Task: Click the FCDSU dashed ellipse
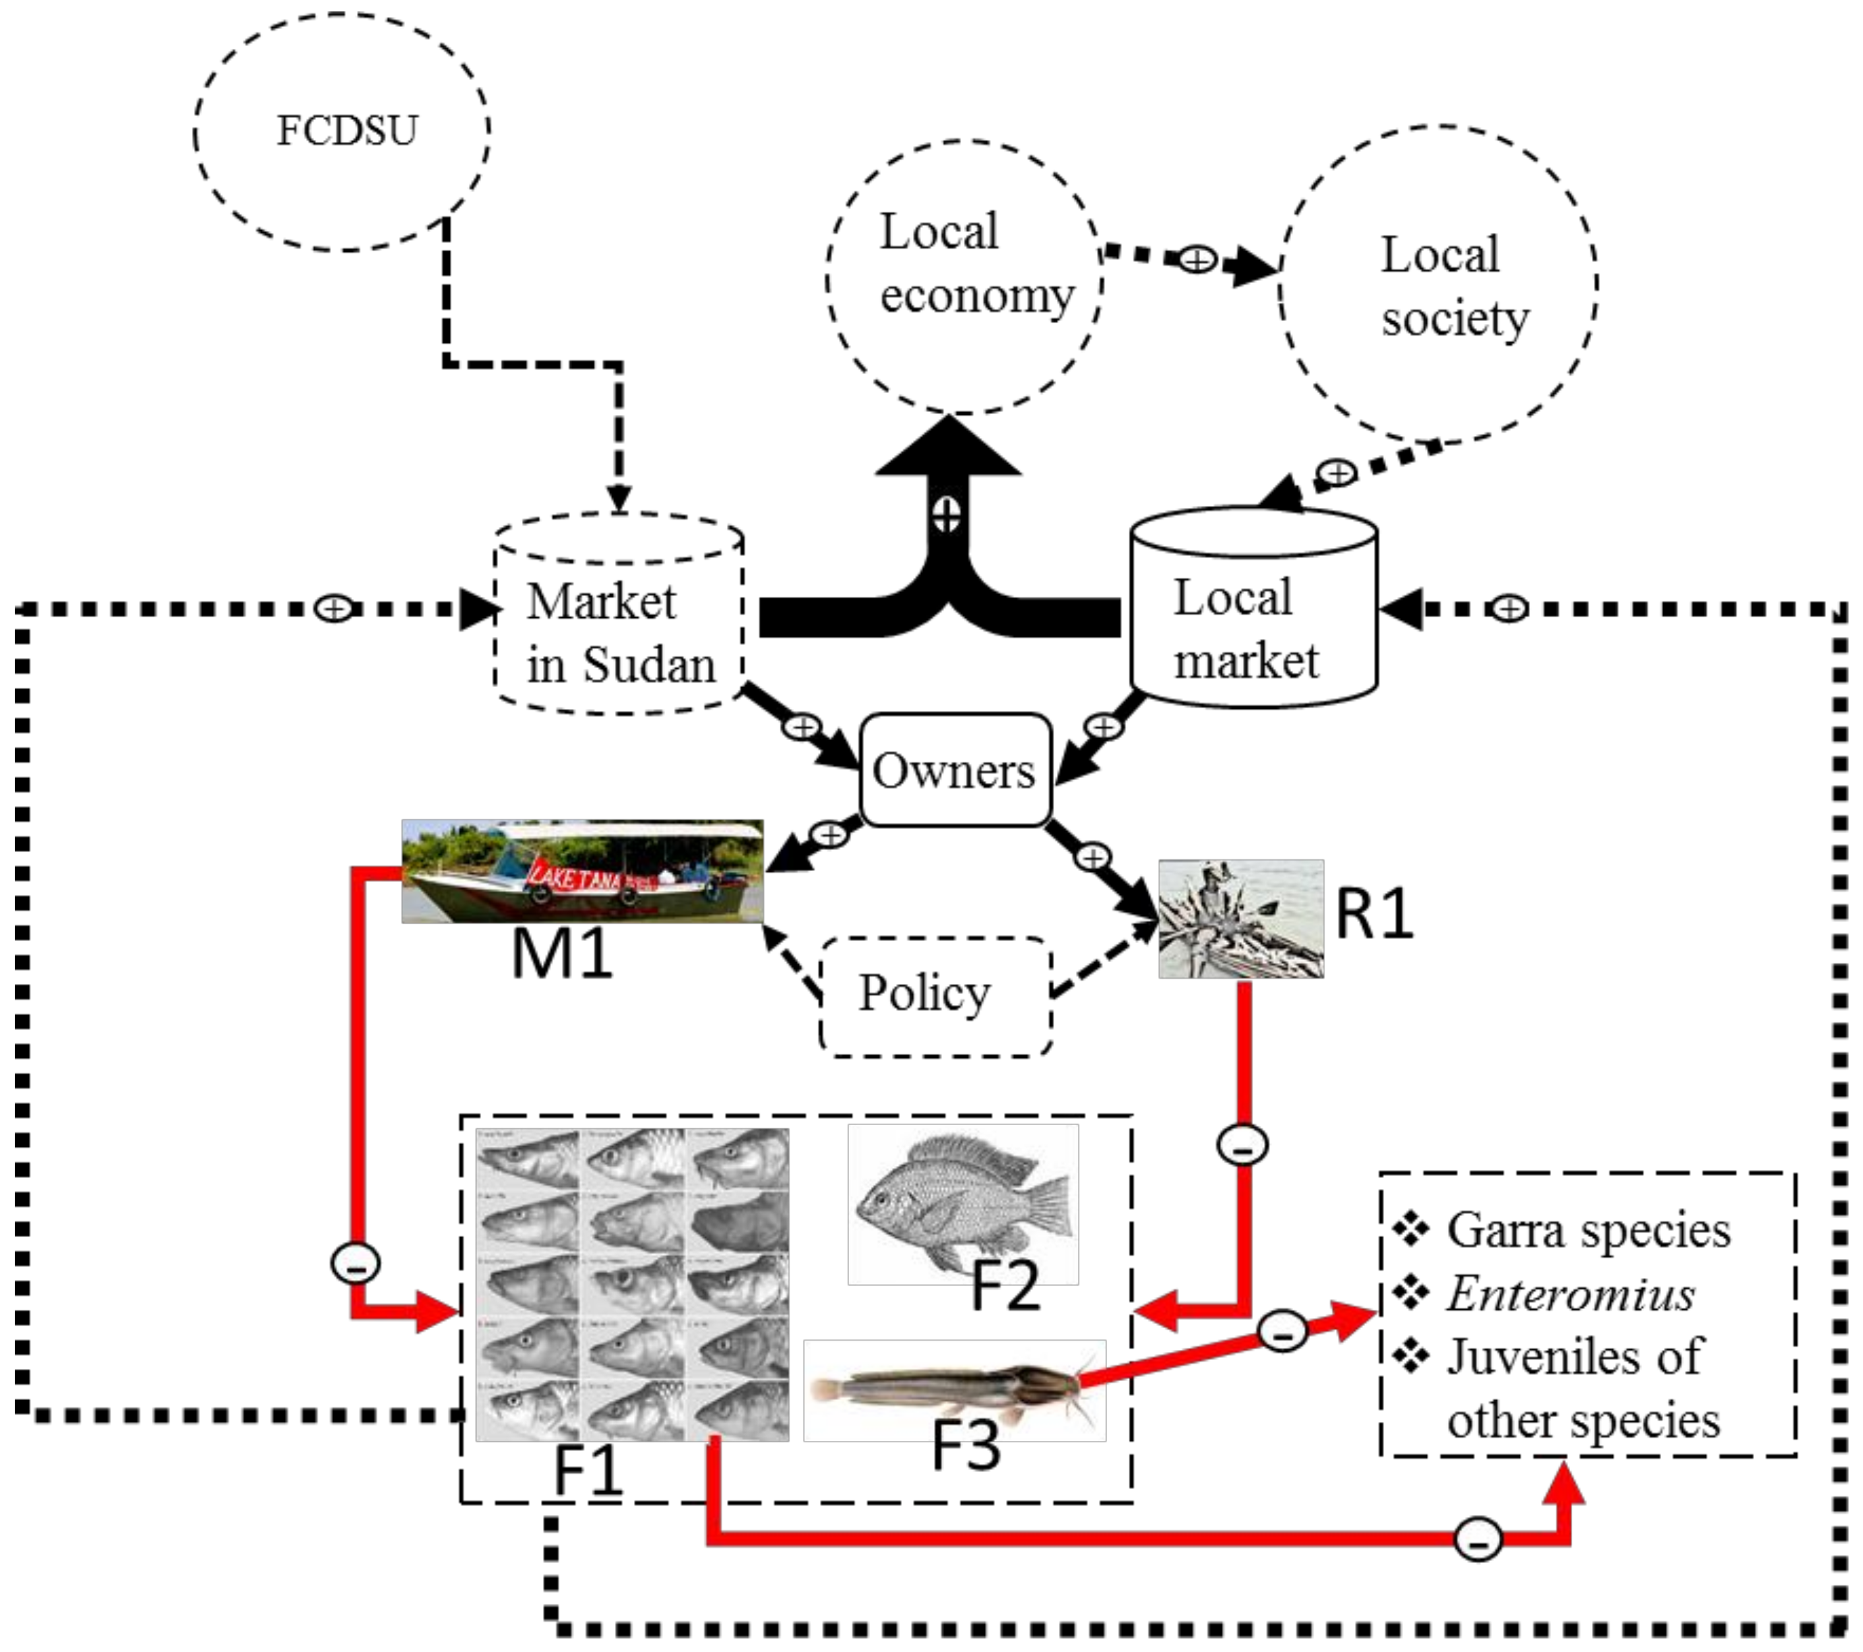point(342,132)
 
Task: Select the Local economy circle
point(964,276)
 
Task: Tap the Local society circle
point(1438,284)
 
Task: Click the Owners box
point(955,771)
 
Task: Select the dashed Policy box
point(935,996)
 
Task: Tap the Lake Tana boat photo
point(583,871)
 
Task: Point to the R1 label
point(1374,914)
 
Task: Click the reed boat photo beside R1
point(1240,919)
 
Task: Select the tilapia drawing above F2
point(963,1203)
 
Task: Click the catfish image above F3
point(955,1390)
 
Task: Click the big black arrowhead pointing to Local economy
point(948,446)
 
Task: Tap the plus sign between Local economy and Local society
point(1197,260)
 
